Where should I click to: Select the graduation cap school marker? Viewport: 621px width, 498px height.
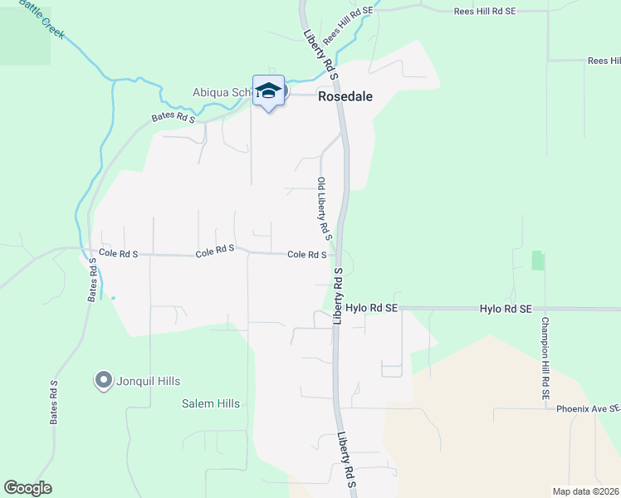268,90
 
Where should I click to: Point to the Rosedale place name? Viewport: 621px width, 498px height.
345,96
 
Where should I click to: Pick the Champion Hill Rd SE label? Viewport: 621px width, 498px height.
545,359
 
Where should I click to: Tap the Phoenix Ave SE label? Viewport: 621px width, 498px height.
588,408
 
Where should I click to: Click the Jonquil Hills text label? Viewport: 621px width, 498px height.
147,381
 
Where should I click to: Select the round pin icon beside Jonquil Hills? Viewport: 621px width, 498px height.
104,381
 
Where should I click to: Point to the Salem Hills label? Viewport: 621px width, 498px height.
211,404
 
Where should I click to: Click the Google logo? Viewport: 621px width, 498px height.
27,488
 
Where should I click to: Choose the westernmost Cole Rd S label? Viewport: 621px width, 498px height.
118,251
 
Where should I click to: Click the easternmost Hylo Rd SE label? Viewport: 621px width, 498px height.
505,308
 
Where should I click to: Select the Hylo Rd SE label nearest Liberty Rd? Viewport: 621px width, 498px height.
372,307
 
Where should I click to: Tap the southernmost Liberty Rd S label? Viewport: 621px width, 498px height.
346,461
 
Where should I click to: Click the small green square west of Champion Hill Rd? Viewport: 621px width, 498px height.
538,261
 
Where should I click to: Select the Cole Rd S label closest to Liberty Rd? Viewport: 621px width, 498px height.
306,255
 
